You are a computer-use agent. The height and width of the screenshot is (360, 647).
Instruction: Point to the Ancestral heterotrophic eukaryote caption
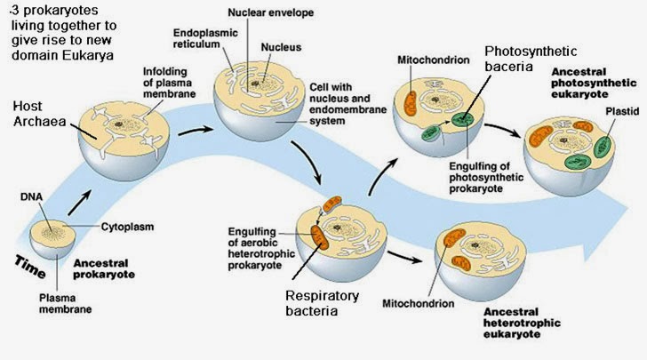coord(524,325)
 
